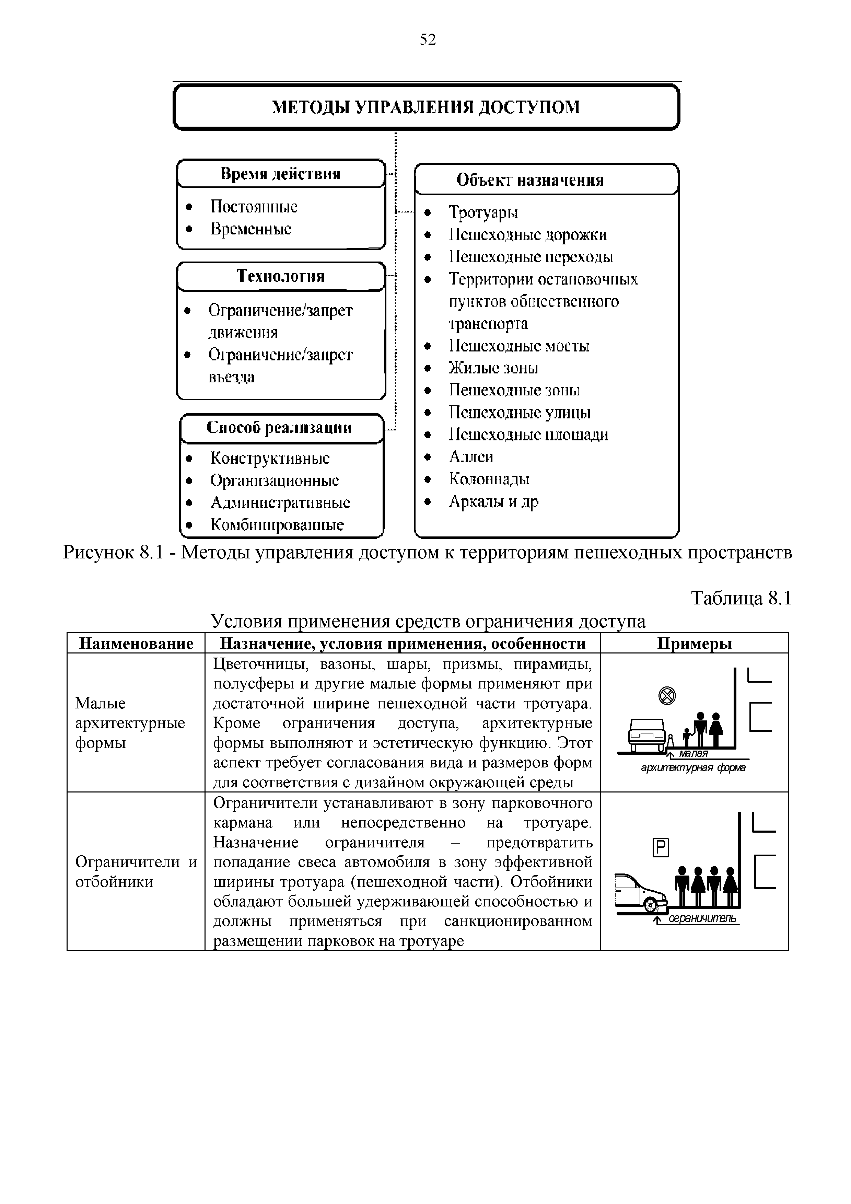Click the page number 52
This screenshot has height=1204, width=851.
[x=427, y=40]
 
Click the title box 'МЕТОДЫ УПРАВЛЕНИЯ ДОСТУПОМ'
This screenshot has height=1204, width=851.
[x=426, y=107]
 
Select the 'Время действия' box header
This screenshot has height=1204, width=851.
[x=280, y=174]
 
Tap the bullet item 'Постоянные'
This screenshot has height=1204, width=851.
[x=254, y=207]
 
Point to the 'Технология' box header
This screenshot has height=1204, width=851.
[x=280, y=276]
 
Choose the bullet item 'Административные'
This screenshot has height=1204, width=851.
[x=280, y=502]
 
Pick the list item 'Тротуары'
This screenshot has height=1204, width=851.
[x=483, y=212]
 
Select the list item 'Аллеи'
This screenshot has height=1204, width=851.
[x=471, y=457]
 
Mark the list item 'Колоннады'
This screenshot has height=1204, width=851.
[x=489, y=479]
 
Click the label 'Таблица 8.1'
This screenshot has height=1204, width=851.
[x=741, y=598]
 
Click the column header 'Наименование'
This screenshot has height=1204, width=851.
[x=136, y=644]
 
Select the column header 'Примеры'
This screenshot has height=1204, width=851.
[x=694, y=644]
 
